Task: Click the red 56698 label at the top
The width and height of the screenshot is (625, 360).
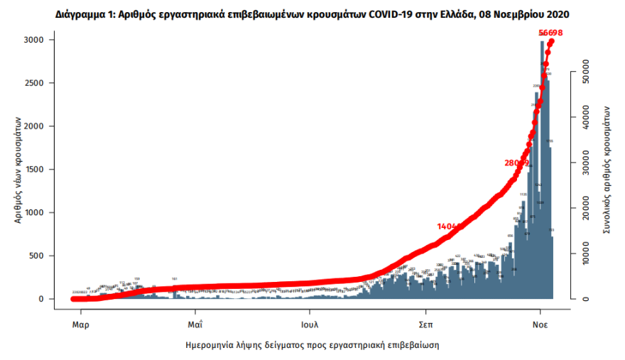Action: [550, 33]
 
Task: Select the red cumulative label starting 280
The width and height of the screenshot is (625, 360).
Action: [517, 163]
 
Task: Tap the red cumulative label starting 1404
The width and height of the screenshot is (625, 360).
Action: [450, 226]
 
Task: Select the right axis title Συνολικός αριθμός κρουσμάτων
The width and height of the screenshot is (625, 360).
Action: [607, 170]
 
